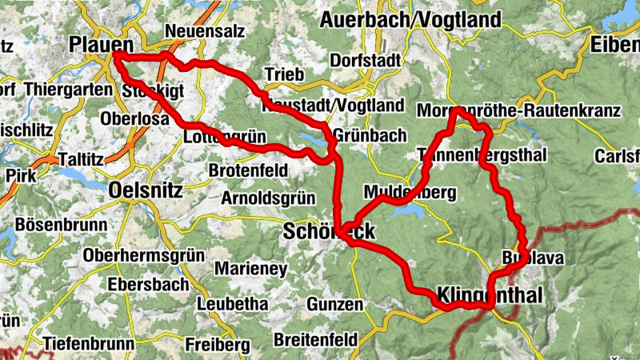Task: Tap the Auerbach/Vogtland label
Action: point(410,19)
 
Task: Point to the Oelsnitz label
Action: point(145,190)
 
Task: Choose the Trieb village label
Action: point(284,74)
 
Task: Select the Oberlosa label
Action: point(135,118)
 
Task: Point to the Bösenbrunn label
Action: point(61,224)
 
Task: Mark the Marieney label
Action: point(250,269)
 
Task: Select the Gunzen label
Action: point(334,305)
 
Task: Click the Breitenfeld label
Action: point(315,340)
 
